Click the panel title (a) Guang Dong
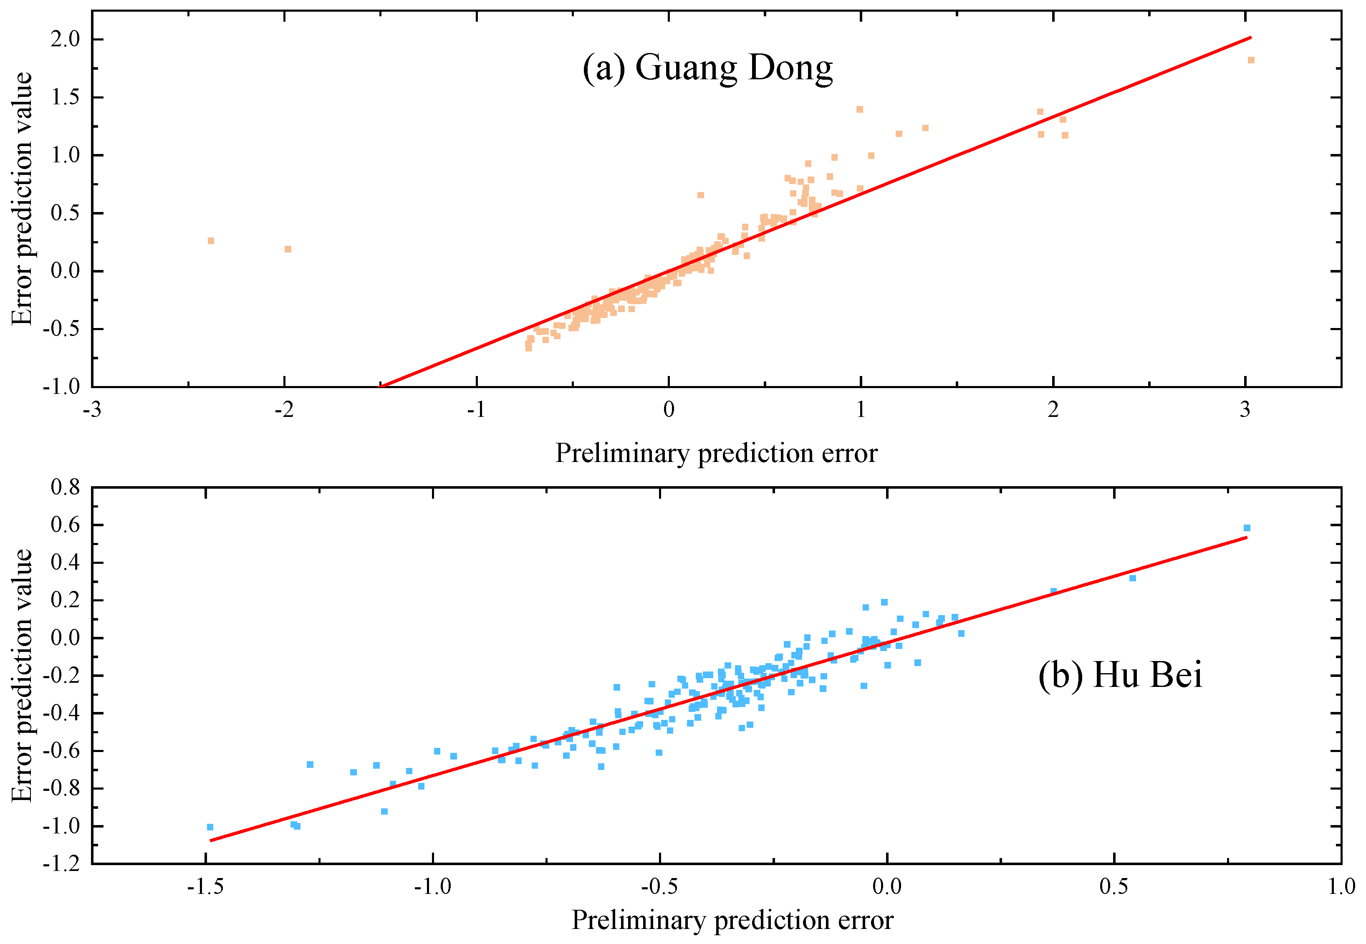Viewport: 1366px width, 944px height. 707,68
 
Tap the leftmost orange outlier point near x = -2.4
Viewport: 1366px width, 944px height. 210,241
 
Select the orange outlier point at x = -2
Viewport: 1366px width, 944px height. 288,249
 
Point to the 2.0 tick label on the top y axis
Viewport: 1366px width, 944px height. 65,39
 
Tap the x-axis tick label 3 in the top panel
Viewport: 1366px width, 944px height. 1245,409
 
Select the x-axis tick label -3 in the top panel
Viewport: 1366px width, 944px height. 92,409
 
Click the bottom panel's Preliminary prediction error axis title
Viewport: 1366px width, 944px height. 732,920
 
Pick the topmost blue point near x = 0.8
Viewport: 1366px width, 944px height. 1247,528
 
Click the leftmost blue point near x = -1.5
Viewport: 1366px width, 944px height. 210,827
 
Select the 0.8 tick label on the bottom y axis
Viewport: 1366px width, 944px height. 65,487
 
